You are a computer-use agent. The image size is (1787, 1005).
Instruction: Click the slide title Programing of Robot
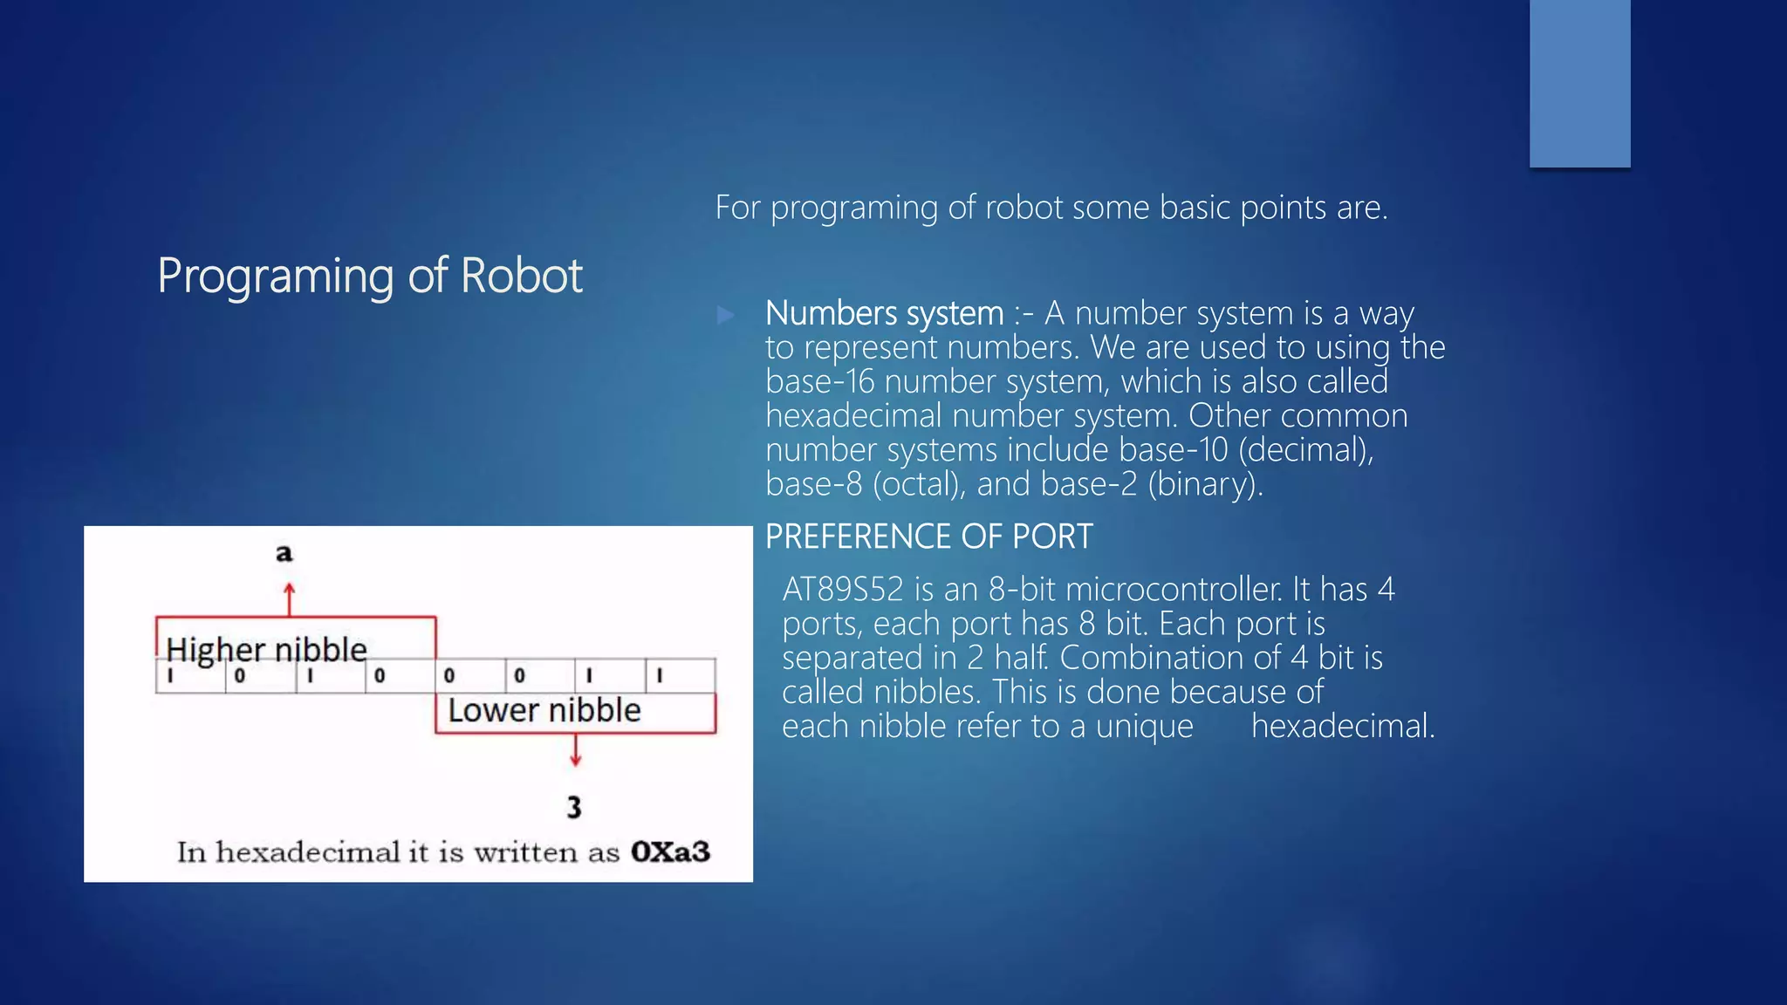click(x=369, y=276)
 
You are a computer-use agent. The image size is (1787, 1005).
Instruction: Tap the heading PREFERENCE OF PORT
click(x=928, y=537)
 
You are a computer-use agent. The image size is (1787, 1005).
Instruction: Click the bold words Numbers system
click(x=884, y=313)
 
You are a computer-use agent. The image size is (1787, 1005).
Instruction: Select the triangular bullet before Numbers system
click(x=726, y=315)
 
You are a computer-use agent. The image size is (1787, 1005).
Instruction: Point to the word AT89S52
click(x=842, y=590)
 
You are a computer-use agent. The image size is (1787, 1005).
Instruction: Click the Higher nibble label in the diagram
click(x=266, y=649)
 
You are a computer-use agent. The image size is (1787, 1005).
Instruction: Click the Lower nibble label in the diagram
click(x=544, y=710)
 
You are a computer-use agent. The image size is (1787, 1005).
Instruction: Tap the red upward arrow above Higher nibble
click(x=290, y=598)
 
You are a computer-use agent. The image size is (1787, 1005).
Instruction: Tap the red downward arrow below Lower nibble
click(x=575, y=751)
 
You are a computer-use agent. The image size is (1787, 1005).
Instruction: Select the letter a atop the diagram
click(x=284, y=553)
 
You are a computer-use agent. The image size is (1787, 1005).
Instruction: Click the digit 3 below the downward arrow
click(x=573, y=807)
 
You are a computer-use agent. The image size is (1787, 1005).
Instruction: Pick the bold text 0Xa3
click(x=670, y=851)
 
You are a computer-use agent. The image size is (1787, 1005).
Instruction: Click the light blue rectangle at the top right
click(x=1579, y=83)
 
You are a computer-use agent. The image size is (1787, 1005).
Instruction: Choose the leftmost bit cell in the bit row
click(x=190, y=676)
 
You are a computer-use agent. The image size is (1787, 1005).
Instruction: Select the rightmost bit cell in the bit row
click(x=680, y=676)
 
